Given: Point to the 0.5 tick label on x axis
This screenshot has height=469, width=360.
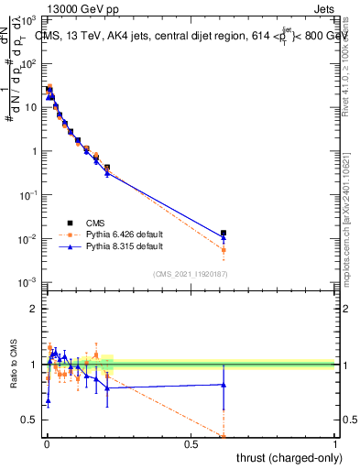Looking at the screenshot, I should click(x=191, y=444).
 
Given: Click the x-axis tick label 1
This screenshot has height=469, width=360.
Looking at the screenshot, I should click(x=335, y=444).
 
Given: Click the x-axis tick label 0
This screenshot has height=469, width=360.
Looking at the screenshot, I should click(x=47, y=444).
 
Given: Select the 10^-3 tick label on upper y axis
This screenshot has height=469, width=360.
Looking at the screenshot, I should click(x=29, y=283).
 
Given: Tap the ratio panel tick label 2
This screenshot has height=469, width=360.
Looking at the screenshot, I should click(x=34, y=309).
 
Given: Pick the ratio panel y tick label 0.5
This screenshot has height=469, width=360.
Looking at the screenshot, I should click(x=30, y=420).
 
